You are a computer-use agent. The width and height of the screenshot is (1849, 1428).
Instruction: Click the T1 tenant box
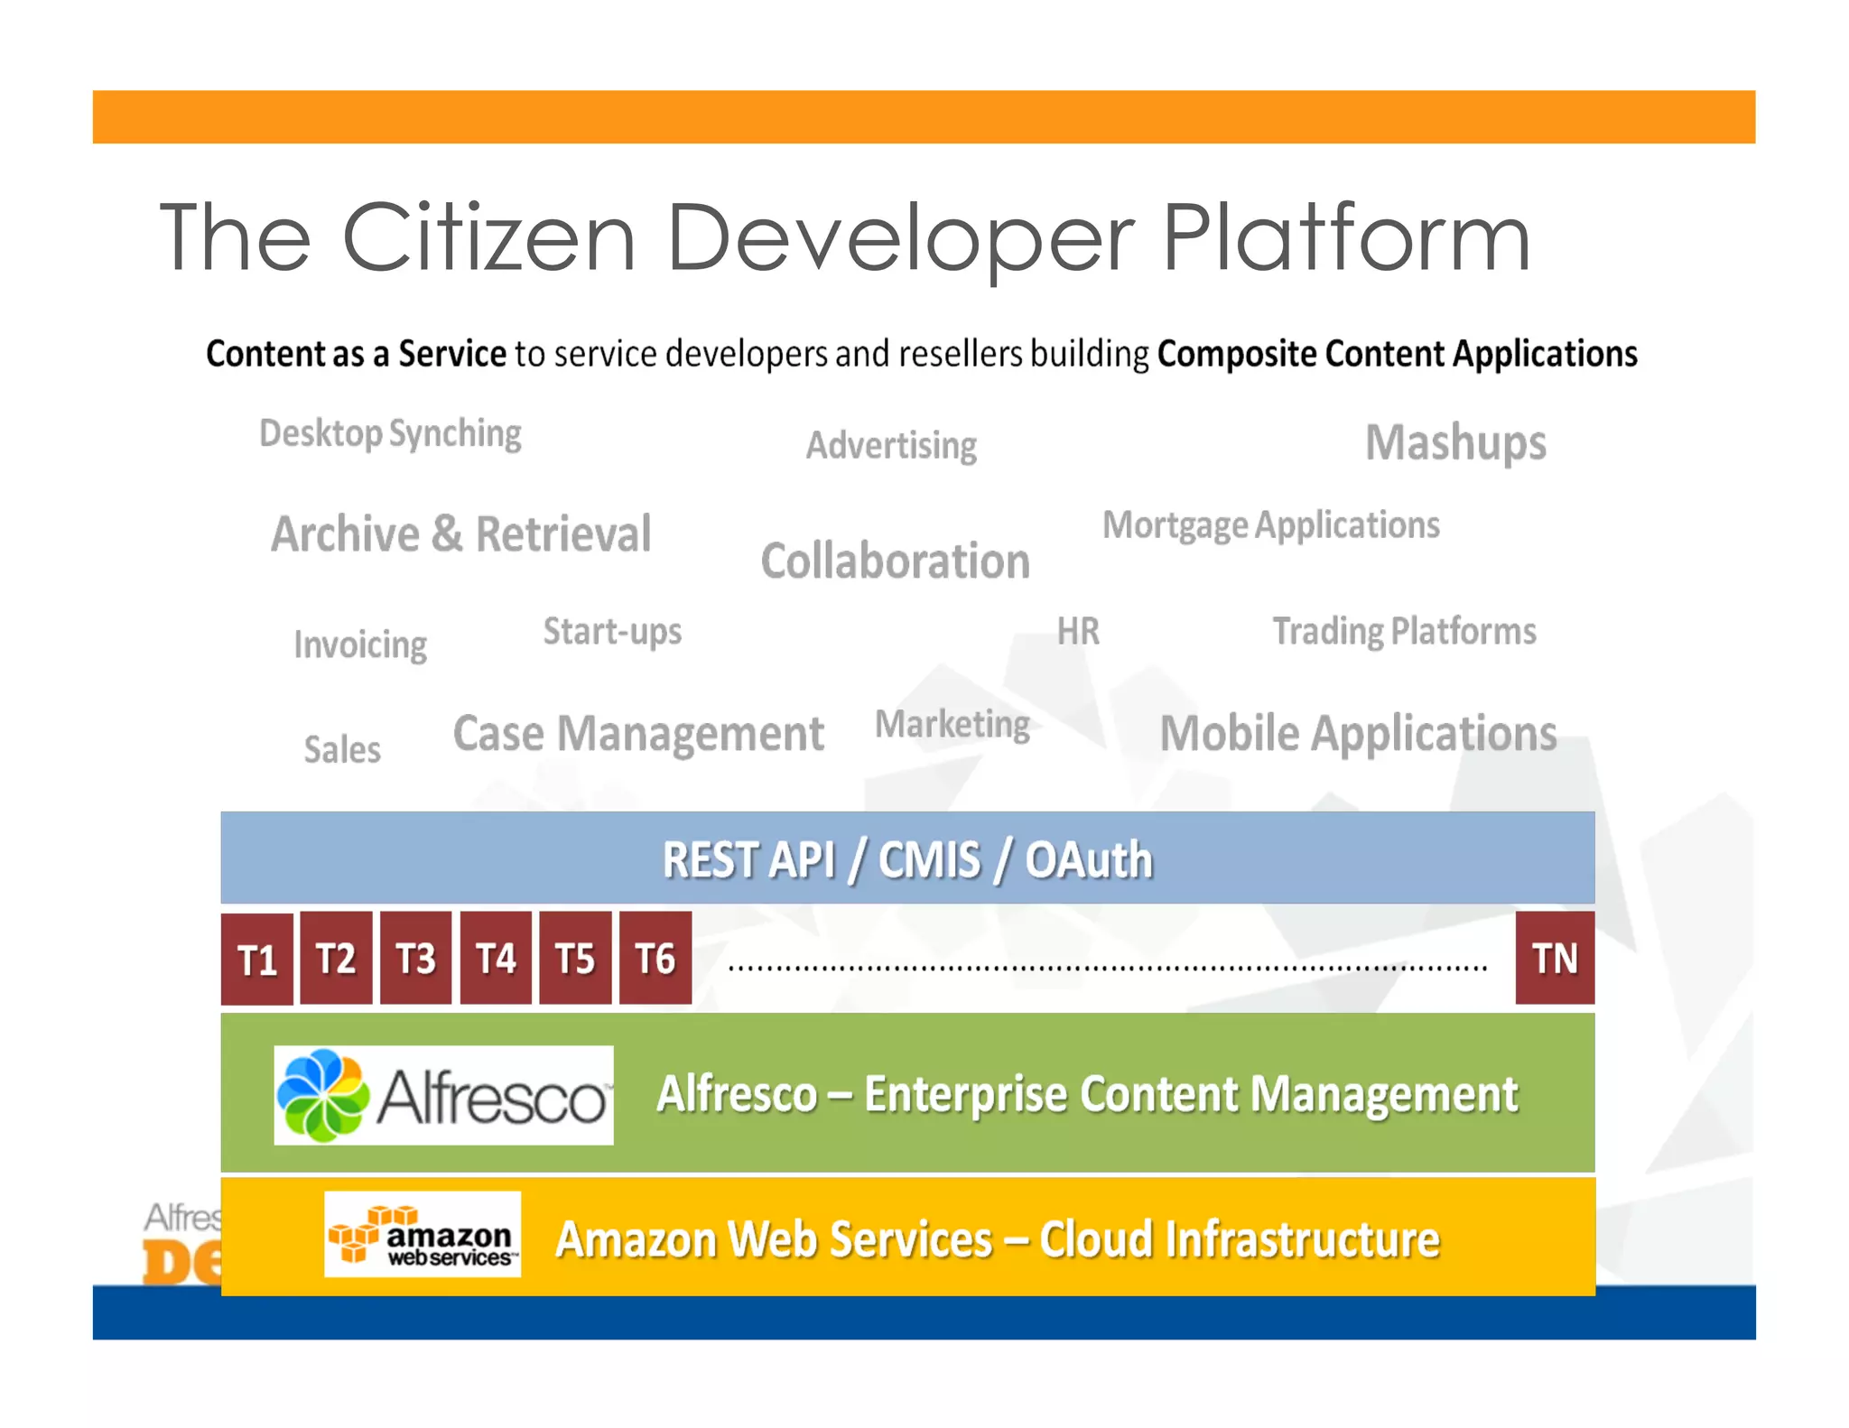257,959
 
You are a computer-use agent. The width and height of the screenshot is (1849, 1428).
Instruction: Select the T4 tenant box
496,958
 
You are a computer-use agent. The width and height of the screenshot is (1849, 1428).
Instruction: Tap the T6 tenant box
655,958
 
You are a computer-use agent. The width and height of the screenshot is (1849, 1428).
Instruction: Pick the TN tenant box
1555,958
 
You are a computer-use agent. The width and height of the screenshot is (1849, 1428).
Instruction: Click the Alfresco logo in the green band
443,1095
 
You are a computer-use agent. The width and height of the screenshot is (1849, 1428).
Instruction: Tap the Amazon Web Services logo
423,1234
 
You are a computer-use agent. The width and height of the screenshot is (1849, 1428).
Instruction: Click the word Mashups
1455,443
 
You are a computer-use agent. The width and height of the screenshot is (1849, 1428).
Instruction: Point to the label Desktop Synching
390,434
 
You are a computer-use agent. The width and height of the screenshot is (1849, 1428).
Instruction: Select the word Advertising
891,446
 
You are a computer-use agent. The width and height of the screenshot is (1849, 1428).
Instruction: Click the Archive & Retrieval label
461,533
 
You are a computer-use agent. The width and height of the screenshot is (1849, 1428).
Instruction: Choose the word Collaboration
895,561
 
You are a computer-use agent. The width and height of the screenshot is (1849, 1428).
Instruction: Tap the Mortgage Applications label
1271,525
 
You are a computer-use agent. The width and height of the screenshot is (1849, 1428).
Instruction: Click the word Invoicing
360,645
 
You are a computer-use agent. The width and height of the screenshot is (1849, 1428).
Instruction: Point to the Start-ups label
612,632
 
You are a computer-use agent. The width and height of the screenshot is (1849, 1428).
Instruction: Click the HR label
1078,632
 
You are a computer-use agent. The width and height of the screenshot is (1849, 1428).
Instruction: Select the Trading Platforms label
1404,632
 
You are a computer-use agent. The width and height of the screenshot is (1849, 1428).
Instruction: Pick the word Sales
342,750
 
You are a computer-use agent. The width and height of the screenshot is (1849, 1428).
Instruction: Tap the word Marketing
952,725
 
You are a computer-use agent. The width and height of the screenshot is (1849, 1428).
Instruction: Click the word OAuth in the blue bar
1088,859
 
